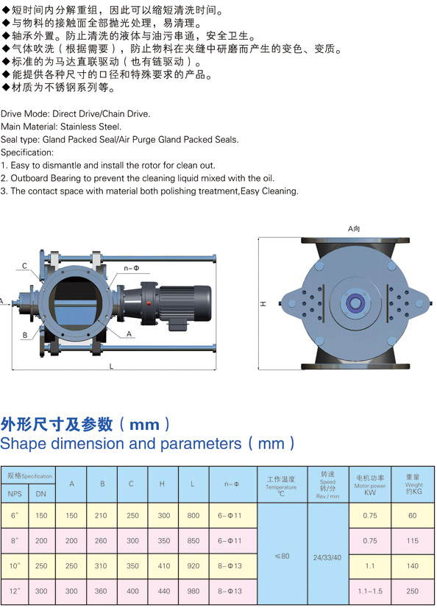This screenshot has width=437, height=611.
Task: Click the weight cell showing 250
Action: pos(412,591)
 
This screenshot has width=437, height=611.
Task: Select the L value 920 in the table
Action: pos(193,566)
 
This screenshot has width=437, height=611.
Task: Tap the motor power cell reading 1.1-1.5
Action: pos(369,591)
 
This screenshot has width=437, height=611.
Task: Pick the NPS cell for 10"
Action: pos(15,566)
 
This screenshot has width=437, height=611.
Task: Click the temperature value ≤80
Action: pos(283,556)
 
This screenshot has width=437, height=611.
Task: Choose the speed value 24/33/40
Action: pos(327,557)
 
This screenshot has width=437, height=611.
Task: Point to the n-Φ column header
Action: pos(231,484)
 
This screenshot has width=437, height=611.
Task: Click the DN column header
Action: pos(41,494)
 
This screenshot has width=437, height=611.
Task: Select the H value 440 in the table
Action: pos(164,591)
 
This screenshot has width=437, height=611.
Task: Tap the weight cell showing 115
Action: pos(412,540)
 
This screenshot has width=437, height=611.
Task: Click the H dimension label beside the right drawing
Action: pos(263,303)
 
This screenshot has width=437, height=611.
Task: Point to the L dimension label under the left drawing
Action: pos(111,367)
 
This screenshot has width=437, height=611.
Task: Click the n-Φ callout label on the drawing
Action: pos(132,269)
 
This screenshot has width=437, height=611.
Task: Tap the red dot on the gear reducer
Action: pos(148,303)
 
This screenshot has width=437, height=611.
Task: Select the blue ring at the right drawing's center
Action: pos(355,303)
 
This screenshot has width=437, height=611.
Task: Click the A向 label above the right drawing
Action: pos(354,229)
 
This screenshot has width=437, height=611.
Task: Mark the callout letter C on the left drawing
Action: pos(24,266)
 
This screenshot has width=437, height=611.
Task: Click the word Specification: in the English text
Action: pos(27,152)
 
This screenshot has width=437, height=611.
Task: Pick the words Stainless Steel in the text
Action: pos(90,127)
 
